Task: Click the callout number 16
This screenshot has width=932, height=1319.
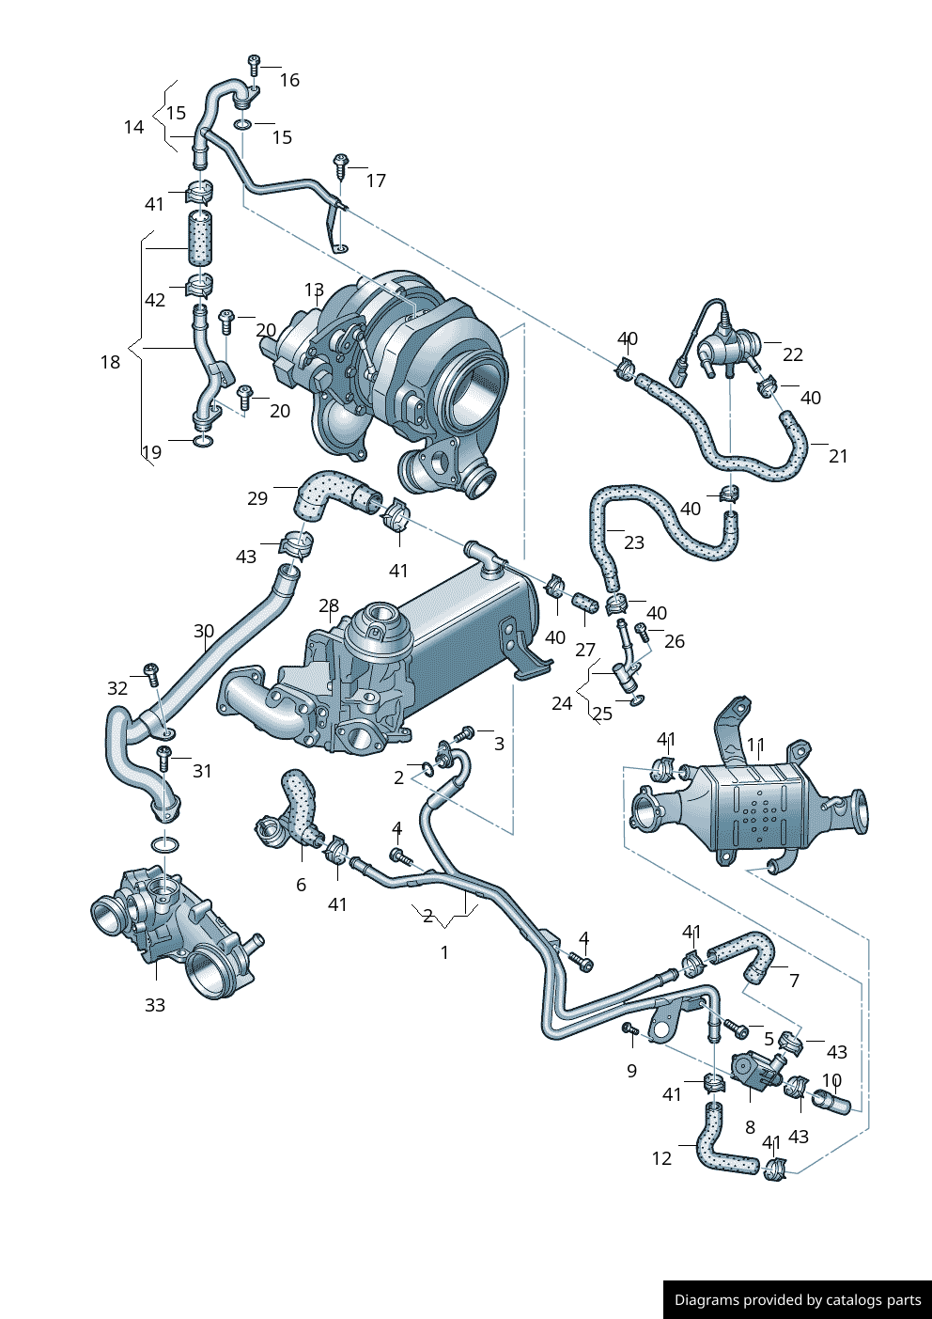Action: click(x=289, y=81)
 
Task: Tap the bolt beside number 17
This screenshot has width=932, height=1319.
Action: click(x=340, y=167)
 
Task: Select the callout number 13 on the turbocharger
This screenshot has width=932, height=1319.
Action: click(x=314, y=290)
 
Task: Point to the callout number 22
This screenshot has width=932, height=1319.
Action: click(x=793, y=354)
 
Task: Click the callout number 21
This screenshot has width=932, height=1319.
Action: click(x=838, y=456)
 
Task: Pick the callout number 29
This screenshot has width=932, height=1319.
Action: click(x=257, y=498)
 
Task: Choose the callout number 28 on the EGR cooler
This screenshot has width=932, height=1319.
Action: click(x=328, y=605)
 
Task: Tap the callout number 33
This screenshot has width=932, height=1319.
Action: click(x=155, y=1005)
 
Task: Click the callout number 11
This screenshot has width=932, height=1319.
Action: click(x=756, y=746)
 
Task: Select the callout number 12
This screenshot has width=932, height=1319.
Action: click(x=661, y=1158)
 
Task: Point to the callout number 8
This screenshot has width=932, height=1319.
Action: click(x=750, y=1126)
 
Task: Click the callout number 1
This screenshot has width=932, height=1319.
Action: click(x=444, y=952)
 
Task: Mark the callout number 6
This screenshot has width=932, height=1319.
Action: click(x=301, y=885)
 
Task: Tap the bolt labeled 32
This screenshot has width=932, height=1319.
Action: click(x=150, y=671)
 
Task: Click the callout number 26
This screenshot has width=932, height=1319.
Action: click(x=675, y=641)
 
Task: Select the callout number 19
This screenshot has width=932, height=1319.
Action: click(x=152, y=452)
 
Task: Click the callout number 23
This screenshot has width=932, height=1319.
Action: click(x=634, y=542)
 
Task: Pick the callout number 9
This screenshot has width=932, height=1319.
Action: click(x=631, y=1071)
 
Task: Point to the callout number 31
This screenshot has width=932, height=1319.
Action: click(x=202, y=771)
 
